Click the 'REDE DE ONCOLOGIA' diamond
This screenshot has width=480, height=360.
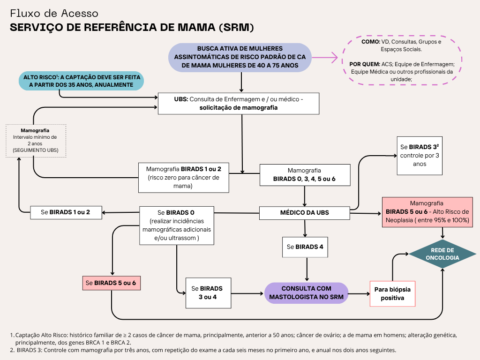(x=442, y=254)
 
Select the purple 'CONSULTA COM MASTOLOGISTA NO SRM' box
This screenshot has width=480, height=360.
(x=306, y=293)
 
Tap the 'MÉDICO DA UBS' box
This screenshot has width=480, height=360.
(x=305, y=213)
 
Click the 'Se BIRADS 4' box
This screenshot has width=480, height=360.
(x=305, y=247)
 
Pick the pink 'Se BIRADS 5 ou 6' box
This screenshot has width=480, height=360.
(x=112, y=283)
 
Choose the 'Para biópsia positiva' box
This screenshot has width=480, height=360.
(x=392, y=293)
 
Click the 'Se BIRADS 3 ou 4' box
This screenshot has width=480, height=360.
(x=208, y=293)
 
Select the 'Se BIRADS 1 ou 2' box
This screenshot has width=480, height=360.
(x=66, y=212)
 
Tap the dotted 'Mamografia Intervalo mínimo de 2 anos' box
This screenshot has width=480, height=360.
(x=36, y=141)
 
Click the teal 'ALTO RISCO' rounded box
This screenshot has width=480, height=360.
(x=81, y=81)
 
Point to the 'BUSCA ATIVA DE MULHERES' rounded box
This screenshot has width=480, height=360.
(x=240, y=57)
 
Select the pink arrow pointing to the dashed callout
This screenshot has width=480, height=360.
(x=325, y=57)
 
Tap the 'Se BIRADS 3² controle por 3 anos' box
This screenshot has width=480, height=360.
(x=420, y=156)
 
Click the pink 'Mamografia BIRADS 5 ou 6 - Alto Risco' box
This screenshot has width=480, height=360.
(x=427, y=212)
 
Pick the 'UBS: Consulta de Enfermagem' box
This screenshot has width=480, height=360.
(x=239, y=104)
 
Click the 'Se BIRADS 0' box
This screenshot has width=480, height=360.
(x=177, y=225)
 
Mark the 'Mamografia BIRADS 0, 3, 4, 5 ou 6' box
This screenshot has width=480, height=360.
(x=305, y=175)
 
